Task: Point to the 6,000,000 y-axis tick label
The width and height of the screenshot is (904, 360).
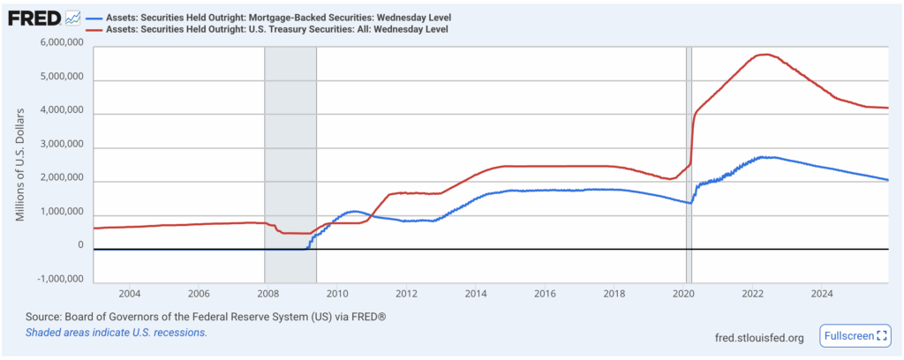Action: (x=62, y=43)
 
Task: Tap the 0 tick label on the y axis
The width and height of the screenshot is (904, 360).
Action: (x=79, y=246)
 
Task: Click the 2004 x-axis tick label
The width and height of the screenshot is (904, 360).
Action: (x=130, y=293)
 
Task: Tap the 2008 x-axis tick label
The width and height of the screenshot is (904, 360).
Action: (x=268, y=293)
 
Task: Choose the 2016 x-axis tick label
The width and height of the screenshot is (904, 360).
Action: (x=545, y=293)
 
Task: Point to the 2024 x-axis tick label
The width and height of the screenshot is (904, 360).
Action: (x=822, y=293)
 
